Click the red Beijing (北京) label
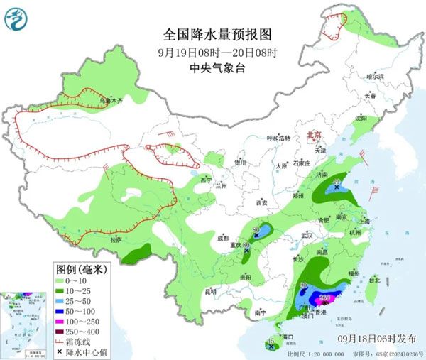[312, 134]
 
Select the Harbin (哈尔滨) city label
[374, 76]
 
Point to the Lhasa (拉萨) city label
[116, 241]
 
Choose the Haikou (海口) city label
[288, 336]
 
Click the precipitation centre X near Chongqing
[246, 251]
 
